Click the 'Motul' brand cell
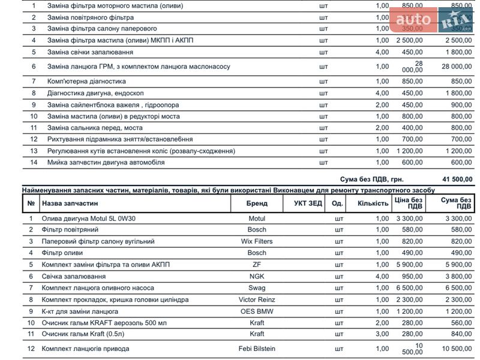click(x=256, y=218)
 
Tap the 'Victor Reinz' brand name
click(x=256, y=299)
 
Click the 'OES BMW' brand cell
click(x=256, y=311)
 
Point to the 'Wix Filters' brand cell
click(x=256, y=241)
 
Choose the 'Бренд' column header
click(x=256, y=203)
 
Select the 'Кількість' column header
click(x=373, y=203)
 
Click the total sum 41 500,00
click(x=457, y=179)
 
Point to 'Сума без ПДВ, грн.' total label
click(x=371, y=179)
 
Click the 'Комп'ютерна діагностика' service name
click(x=83, y=81)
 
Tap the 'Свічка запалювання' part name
click(x=73, y=276)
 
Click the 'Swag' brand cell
click(x=256, y=288)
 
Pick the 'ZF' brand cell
click(x=256, y=265)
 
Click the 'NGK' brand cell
click(x=256, y=276)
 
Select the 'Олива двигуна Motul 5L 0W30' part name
click(x=88, y=218)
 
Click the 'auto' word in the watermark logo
click(x=413, y=20)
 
